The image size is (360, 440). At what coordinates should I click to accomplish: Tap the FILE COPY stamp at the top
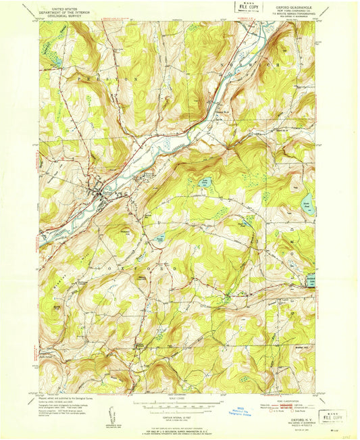247,7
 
